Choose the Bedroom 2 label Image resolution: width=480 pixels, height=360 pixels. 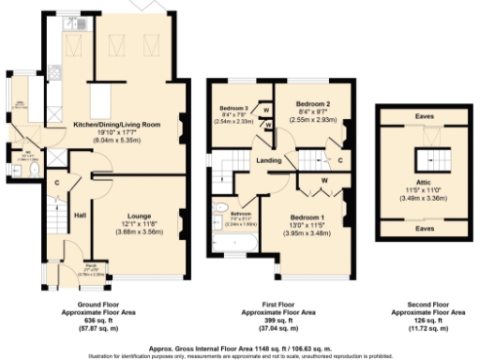[313, 103]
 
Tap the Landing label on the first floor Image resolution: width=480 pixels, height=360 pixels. [269, 160]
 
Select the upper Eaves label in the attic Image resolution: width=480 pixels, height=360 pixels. [424, 116]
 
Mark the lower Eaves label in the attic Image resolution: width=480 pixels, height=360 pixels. [424, 228]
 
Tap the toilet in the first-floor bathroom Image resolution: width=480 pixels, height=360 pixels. [220, 208]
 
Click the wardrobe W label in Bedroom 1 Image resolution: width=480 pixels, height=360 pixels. [322, 179]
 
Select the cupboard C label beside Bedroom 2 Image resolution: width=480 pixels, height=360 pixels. [339, 159]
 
